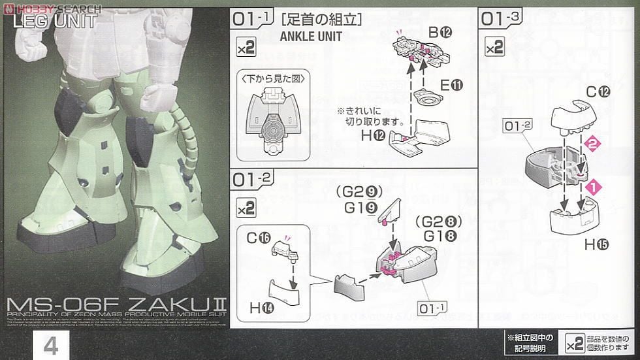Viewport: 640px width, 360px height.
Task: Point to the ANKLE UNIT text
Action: pyautogui.click(x=310, y=37)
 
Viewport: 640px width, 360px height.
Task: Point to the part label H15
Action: pyautogui.click(x=596, y=245)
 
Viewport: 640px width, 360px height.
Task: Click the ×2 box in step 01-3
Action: pyautogui.click(x=495, y=46)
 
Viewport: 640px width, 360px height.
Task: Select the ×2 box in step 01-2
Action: pyautogui.click(x=246, y=208)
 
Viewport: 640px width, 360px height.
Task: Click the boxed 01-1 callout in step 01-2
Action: pyautogui.click(x=430, y=306)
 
